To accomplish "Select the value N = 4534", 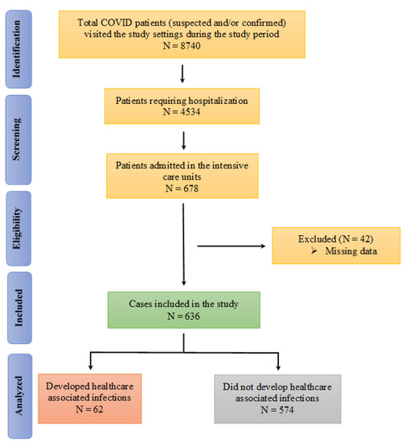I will pos(184,113).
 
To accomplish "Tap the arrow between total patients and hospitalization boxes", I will pos(184,74).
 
